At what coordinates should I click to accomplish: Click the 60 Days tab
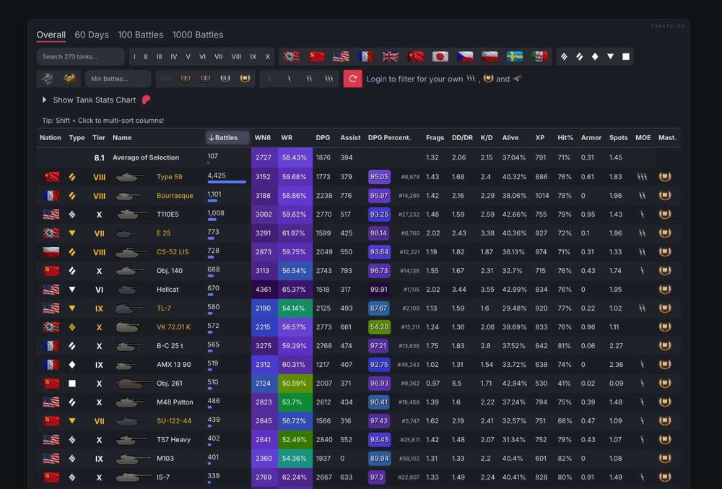click(x=92, y=35)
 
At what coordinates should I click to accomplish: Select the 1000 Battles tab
click(x=197, y=35)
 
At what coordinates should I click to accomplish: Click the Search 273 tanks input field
click(x=79, y=56)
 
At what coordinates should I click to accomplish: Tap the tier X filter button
click(x=267, y=56)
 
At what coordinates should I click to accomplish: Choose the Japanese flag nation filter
click(x=440, y=56)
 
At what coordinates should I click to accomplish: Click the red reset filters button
click(x=352, y=79)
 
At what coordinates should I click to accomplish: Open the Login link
click(x=376, y=79)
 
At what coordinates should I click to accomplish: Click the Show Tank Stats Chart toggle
click(x=94, y=100)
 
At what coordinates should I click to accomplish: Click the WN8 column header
click(x=263, y=137)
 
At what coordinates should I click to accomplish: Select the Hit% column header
click(x=565, y=137)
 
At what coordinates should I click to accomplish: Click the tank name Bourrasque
click(x=175, y=196)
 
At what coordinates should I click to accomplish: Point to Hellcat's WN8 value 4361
click(x=264, y=290)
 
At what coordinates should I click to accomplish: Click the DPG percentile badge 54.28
click(x=379, y=327)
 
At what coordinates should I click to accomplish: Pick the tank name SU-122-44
click(x=174, y=421)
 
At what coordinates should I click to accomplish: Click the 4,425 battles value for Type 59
click(x=217, y=176)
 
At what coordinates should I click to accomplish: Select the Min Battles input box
click(x=118, y=79)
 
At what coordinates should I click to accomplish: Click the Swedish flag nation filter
click(x=515, y=56)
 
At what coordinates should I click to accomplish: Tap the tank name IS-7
click(x=164, y=477)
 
